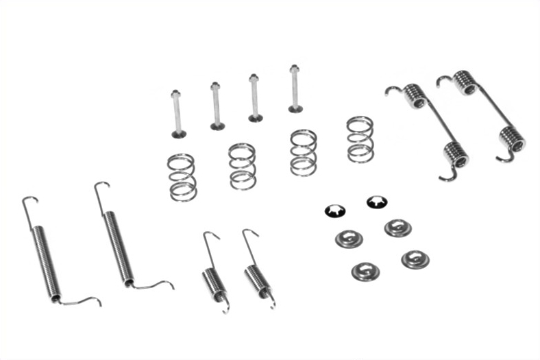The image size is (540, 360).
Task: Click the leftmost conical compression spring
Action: (x=182, y=177)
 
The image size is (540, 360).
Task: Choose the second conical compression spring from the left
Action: (x=243, y=166)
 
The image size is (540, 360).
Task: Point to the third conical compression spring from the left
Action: (x=303, y=152)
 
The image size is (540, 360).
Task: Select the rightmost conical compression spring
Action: (x=360, y=139)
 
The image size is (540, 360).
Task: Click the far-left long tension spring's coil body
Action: (x=46, y=261)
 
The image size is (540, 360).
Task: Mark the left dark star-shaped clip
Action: (x=334, y=211)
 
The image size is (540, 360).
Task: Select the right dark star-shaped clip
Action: (x=376, y=202)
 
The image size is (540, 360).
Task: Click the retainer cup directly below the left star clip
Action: (x=349, y=238)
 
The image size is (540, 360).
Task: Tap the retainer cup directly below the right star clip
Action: (x=397, y=227)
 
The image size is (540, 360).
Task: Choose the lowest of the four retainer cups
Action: (x=365, y=271)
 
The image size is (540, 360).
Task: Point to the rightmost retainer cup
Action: (x=415, y=259)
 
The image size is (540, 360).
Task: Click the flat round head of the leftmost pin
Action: (x=180, y=133)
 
